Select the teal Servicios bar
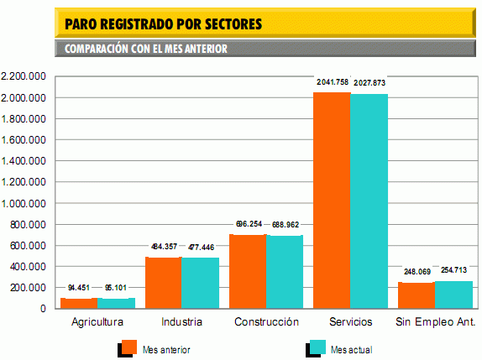point(369,201)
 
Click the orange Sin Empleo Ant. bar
point(416,295)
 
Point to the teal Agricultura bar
point(116,303)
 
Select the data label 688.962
point(286,225)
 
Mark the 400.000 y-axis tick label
point(28,267)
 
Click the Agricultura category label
point(97,322)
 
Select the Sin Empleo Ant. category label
point(435,322)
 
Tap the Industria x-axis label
point(182,322)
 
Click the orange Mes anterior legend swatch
point(129,347)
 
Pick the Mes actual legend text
point(351,349)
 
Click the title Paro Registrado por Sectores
point(164,23)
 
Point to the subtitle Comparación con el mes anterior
point(146,49)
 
